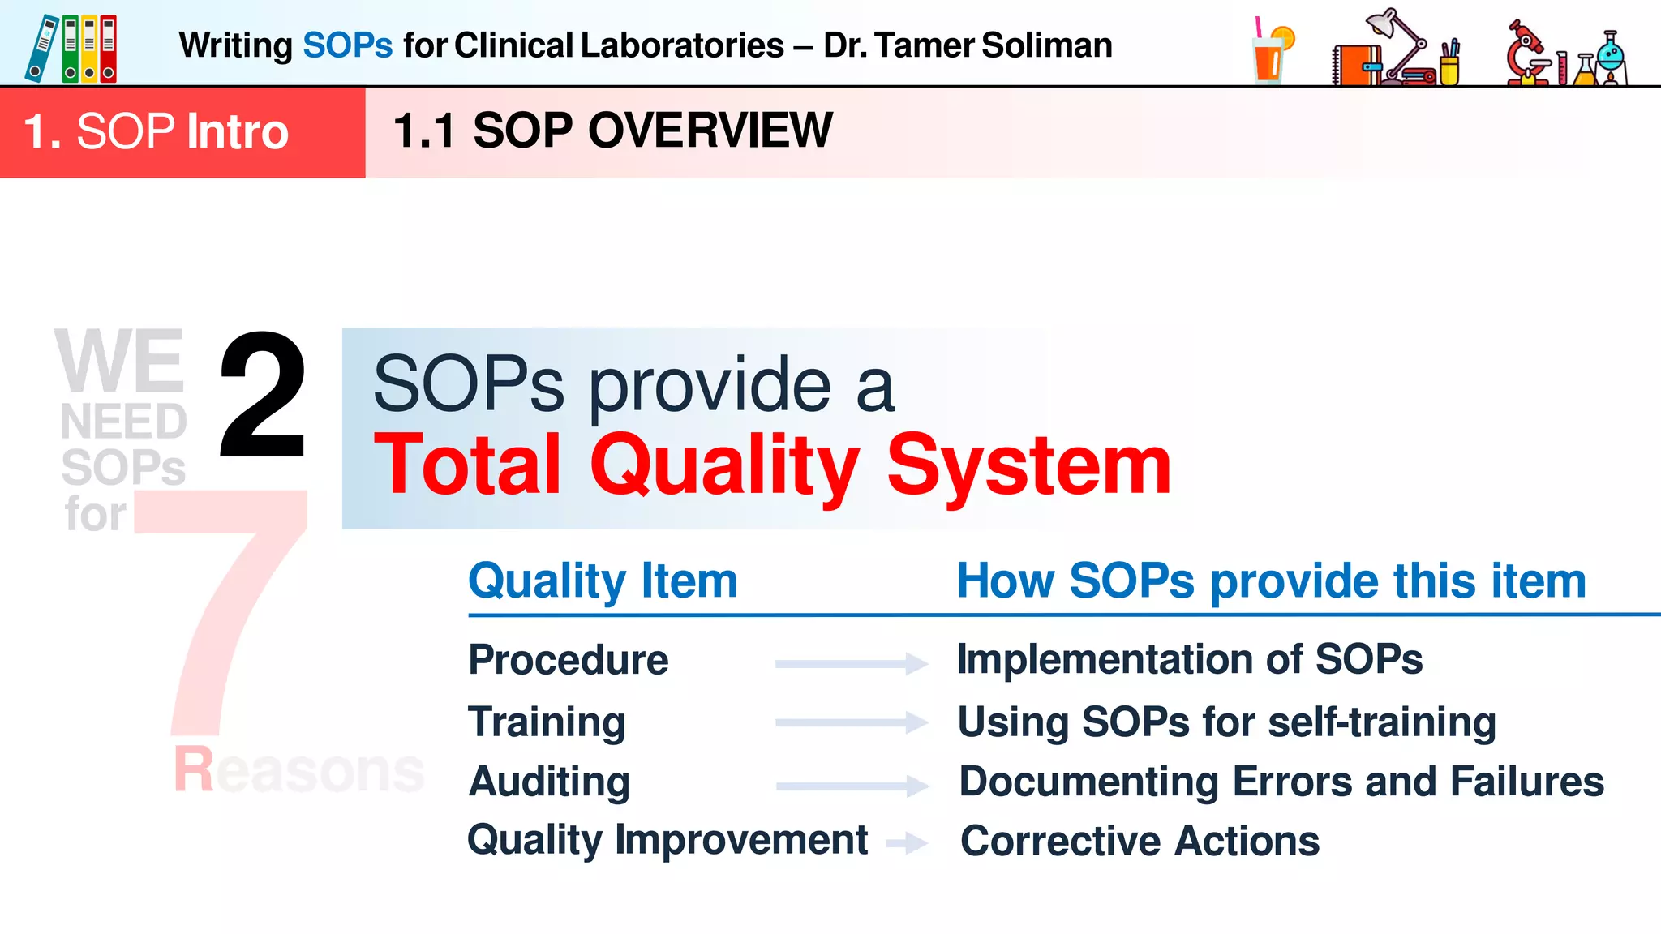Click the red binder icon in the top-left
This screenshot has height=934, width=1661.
108,49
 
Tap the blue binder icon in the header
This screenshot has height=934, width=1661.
41,49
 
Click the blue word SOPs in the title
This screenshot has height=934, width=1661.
347,45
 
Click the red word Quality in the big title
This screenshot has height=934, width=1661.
724,465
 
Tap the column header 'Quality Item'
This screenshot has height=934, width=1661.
603,581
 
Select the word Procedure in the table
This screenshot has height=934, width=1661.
568,660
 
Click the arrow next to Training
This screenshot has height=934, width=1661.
851,722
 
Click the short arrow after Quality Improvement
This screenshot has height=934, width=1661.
907,843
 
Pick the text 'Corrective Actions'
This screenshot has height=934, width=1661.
1139,841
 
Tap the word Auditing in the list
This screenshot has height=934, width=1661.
549,782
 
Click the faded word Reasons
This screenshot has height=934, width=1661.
298,769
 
